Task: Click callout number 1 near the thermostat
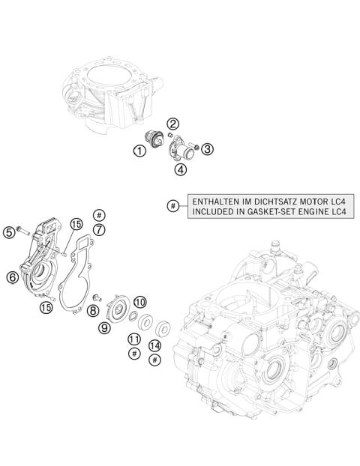(139, 152)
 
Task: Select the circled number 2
(172, 124)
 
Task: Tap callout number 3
(208, 148)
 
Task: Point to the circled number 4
(181, 169)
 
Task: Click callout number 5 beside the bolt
(9, 233)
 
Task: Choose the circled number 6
(12, 277)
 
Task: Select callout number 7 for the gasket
(99, 230)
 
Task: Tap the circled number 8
(93, 310)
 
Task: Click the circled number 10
(139, 303)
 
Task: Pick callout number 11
(134, 339)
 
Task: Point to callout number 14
(154, 345)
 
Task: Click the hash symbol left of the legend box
(174, 206)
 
